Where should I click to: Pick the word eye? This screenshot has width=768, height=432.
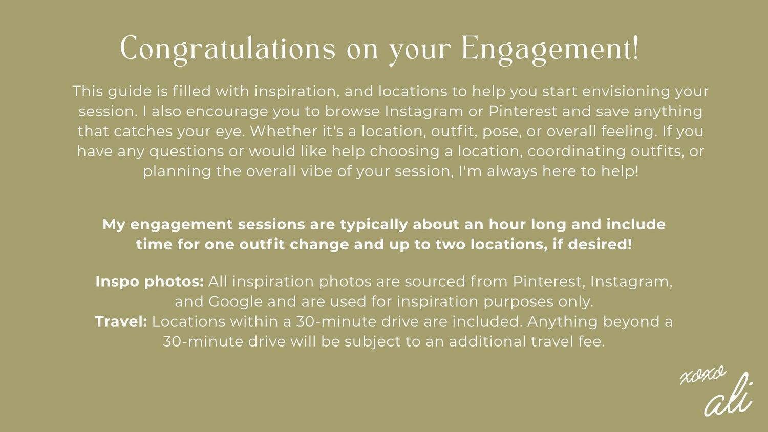tap(230, 132)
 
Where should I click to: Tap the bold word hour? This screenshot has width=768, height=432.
tap(507, 225)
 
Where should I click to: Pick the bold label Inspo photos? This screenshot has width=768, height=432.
tap(150, 282)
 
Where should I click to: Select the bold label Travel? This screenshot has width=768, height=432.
tap(121, 321)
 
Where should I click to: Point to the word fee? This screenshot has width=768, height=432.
tap(592, 341)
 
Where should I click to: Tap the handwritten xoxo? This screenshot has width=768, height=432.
tap(703, 375)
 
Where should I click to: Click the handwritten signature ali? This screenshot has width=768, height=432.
tap(729, 399)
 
